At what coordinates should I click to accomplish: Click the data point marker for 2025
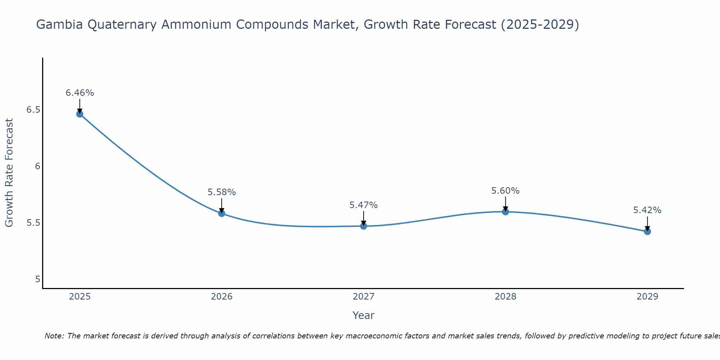(80, 114)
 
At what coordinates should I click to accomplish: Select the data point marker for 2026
(221, 213)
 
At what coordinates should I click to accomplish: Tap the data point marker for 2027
(363, 226)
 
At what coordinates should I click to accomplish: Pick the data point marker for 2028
(505, 212)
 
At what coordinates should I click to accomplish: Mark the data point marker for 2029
(647, 231)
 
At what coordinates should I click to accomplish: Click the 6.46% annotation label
(80, 93)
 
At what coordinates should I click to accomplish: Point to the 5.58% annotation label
(221, 192)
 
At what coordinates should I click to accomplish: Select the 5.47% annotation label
(363, 205)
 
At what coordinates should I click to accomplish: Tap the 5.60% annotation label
(505, 191)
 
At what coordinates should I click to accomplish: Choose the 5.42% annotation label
(647, 210)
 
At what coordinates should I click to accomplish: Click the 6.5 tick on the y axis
(33, 110)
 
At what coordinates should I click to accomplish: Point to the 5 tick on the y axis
(38, 279)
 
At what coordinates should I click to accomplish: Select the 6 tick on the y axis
(37, 166)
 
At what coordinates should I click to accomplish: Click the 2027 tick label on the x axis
(363, 297)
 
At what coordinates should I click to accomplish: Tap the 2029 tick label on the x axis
(647, 297)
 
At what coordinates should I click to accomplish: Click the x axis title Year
(363, 315)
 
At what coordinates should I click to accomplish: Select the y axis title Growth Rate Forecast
(9, 173)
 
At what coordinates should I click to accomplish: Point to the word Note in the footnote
(54, 336)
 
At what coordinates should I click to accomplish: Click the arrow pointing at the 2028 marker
(505, 203)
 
